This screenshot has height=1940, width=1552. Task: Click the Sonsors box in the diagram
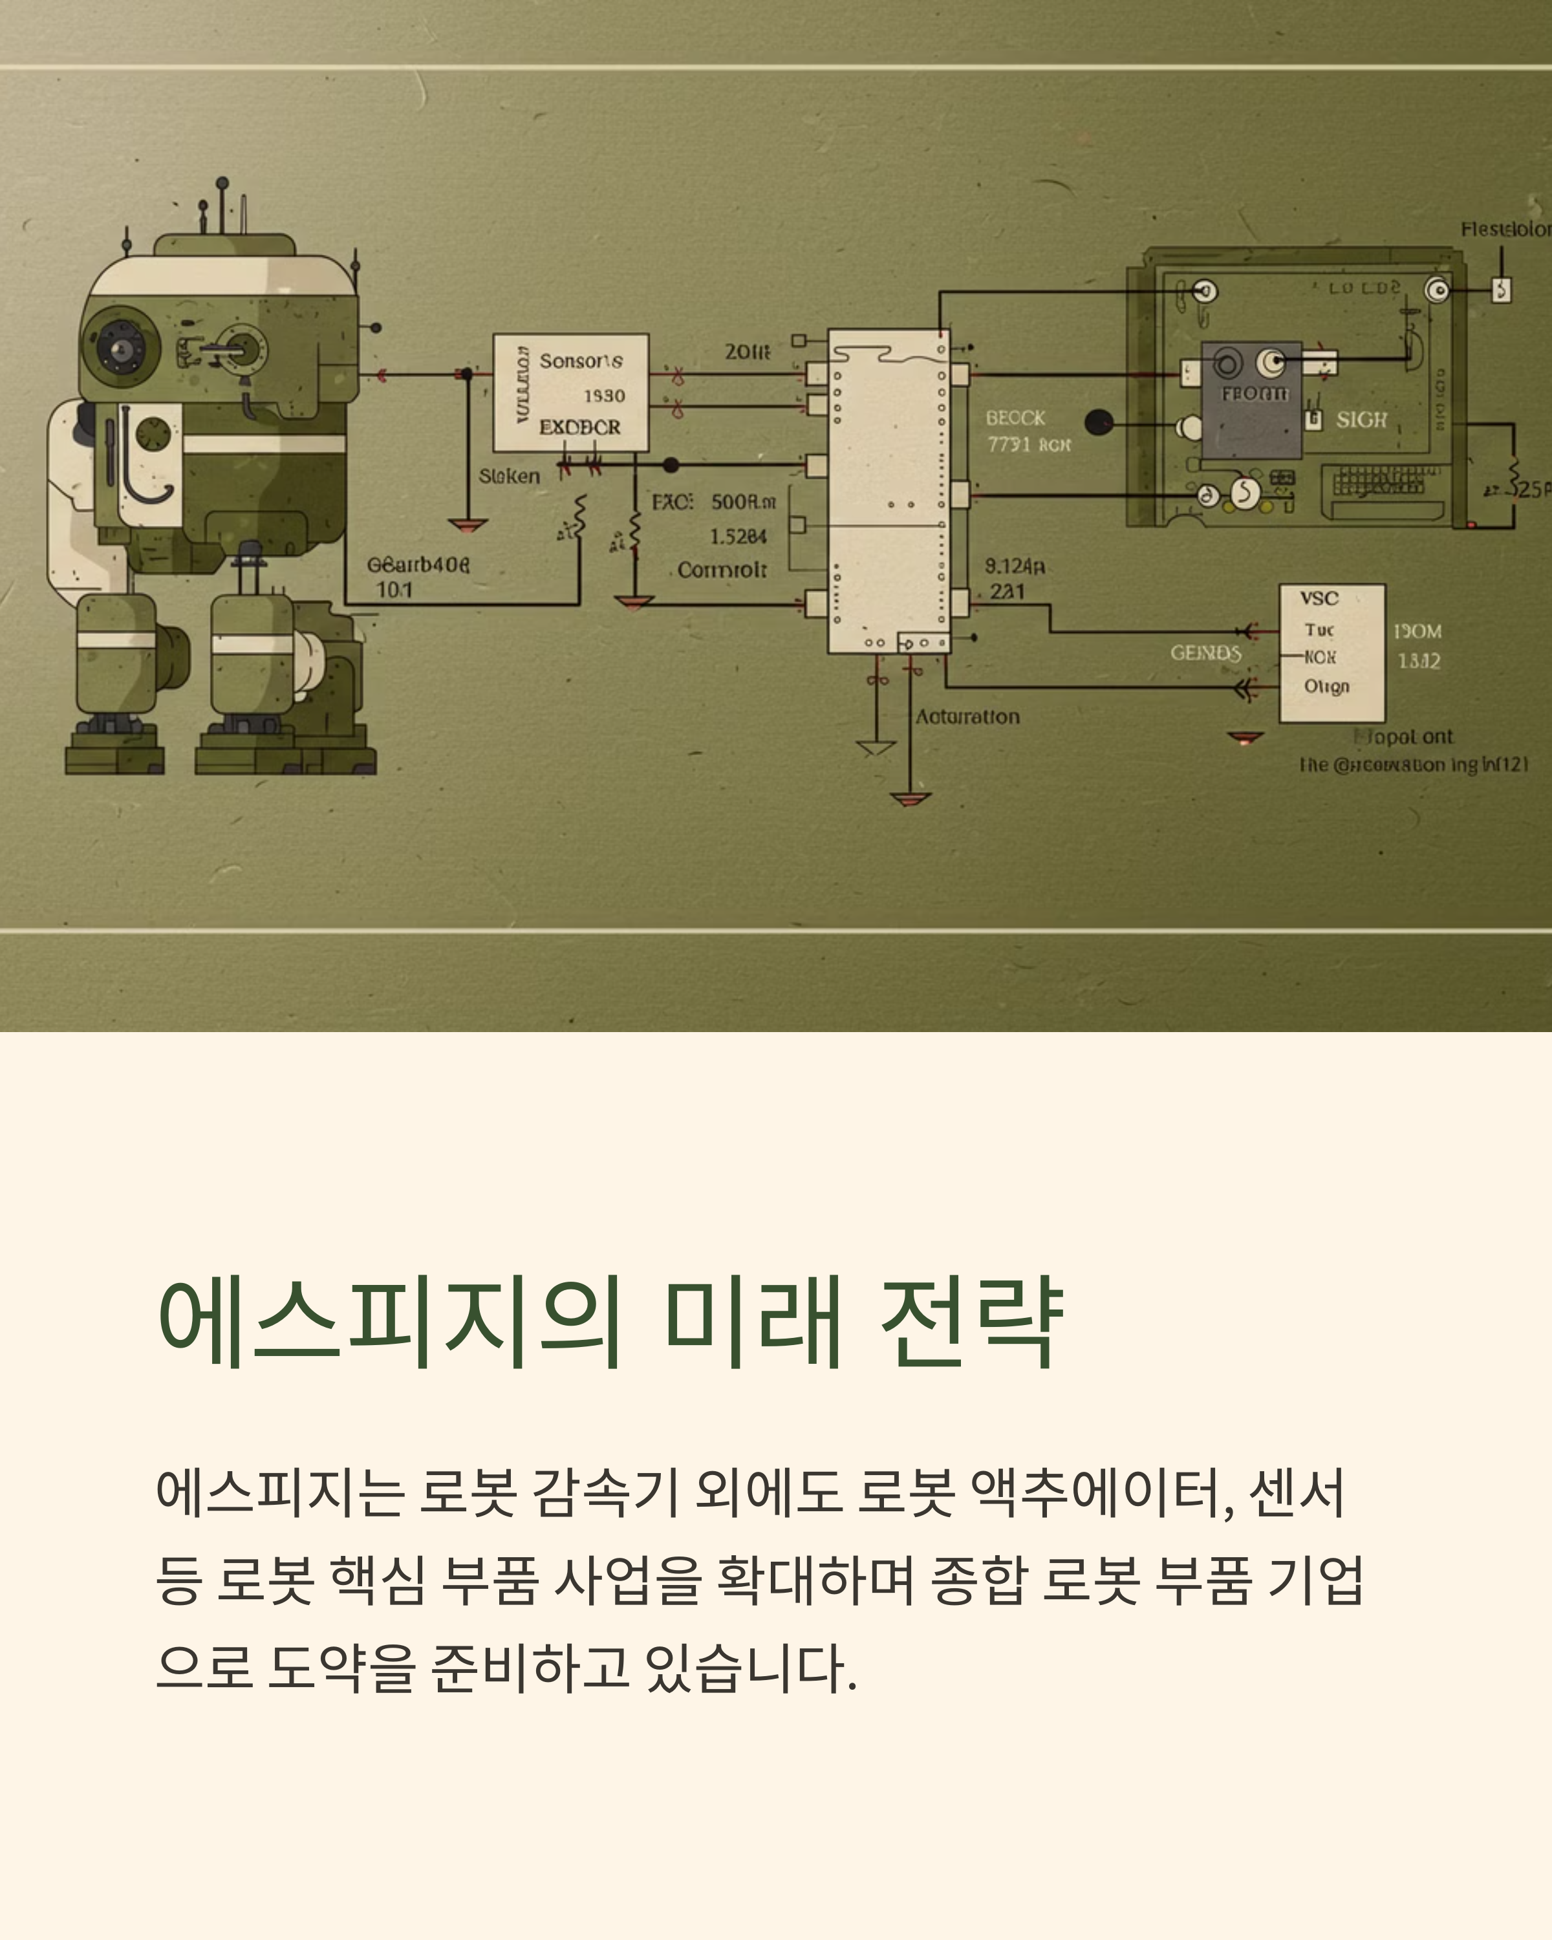(570, 393)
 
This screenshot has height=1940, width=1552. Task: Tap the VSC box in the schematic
(1331, 653)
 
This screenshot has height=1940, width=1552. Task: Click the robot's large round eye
(120, 347)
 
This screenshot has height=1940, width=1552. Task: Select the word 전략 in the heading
(972, 1322)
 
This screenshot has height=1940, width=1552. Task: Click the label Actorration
(967, 717)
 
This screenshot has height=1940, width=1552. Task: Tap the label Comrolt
(722, 570)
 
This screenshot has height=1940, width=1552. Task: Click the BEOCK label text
(1015, 418)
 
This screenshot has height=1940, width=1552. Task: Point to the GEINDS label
(1205, 652)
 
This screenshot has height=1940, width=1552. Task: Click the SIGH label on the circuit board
(1361, 419)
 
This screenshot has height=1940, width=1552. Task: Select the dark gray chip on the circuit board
(1251, 400)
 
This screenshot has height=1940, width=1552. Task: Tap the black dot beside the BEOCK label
(1099, 422)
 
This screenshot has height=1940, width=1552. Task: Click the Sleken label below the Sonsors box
(509, 476)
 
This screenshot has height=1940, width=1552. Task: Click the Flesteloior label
(1504, 230)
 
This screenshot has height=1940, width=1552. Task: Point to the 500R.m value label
(743, 501)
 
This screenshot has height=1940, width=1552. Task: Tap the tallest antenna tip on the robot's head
(222, 182)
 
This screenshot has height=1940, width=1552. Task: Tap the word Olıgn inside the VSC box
(1326, 687)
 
